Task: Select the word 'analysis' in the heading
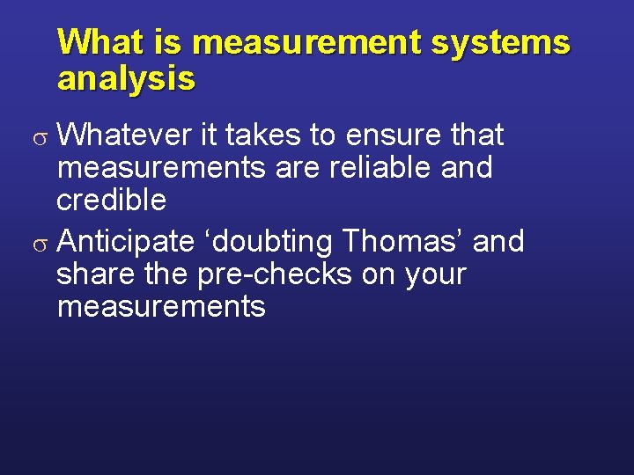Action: (126, 79)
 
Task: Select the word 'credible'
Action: (111, 200)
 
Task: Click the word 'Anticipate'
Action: (130, 241)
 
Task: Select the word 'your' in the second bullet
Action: (435, 275)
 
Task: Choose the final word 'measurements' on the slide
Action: (161, 306)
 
